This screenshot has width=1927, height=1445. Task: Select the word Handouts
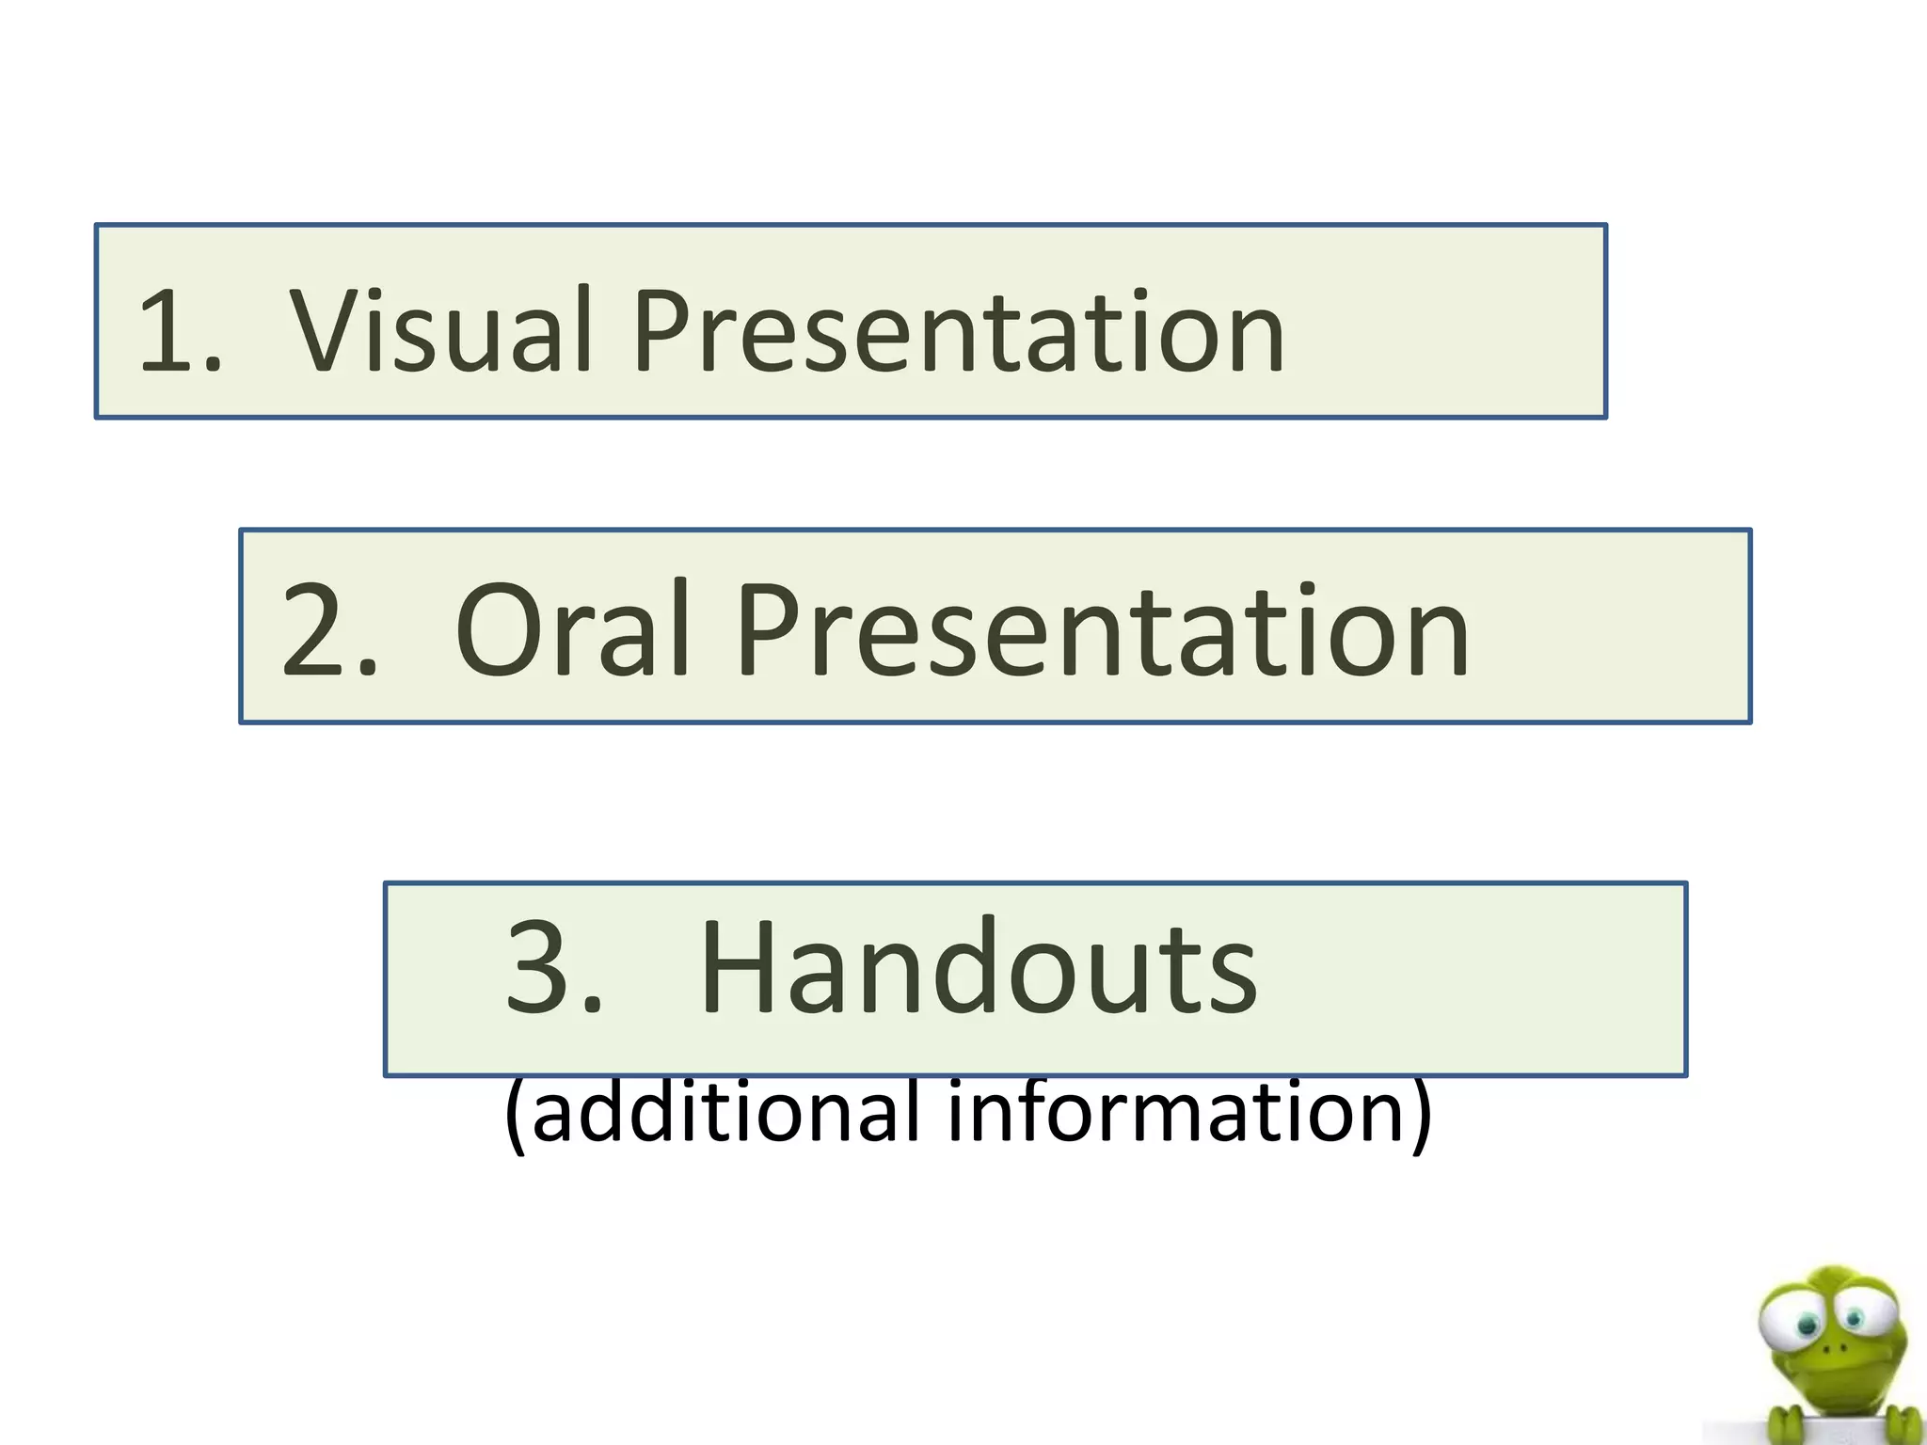[x=979, y=968]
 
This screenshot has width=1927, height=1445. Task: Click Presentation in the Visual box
[x=958, y=330]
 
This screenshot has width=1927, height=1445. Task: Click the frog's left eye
[x=1808, y=1325]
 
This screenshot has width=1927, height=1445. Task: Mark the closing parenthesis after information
[x=1421, y=1114]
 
